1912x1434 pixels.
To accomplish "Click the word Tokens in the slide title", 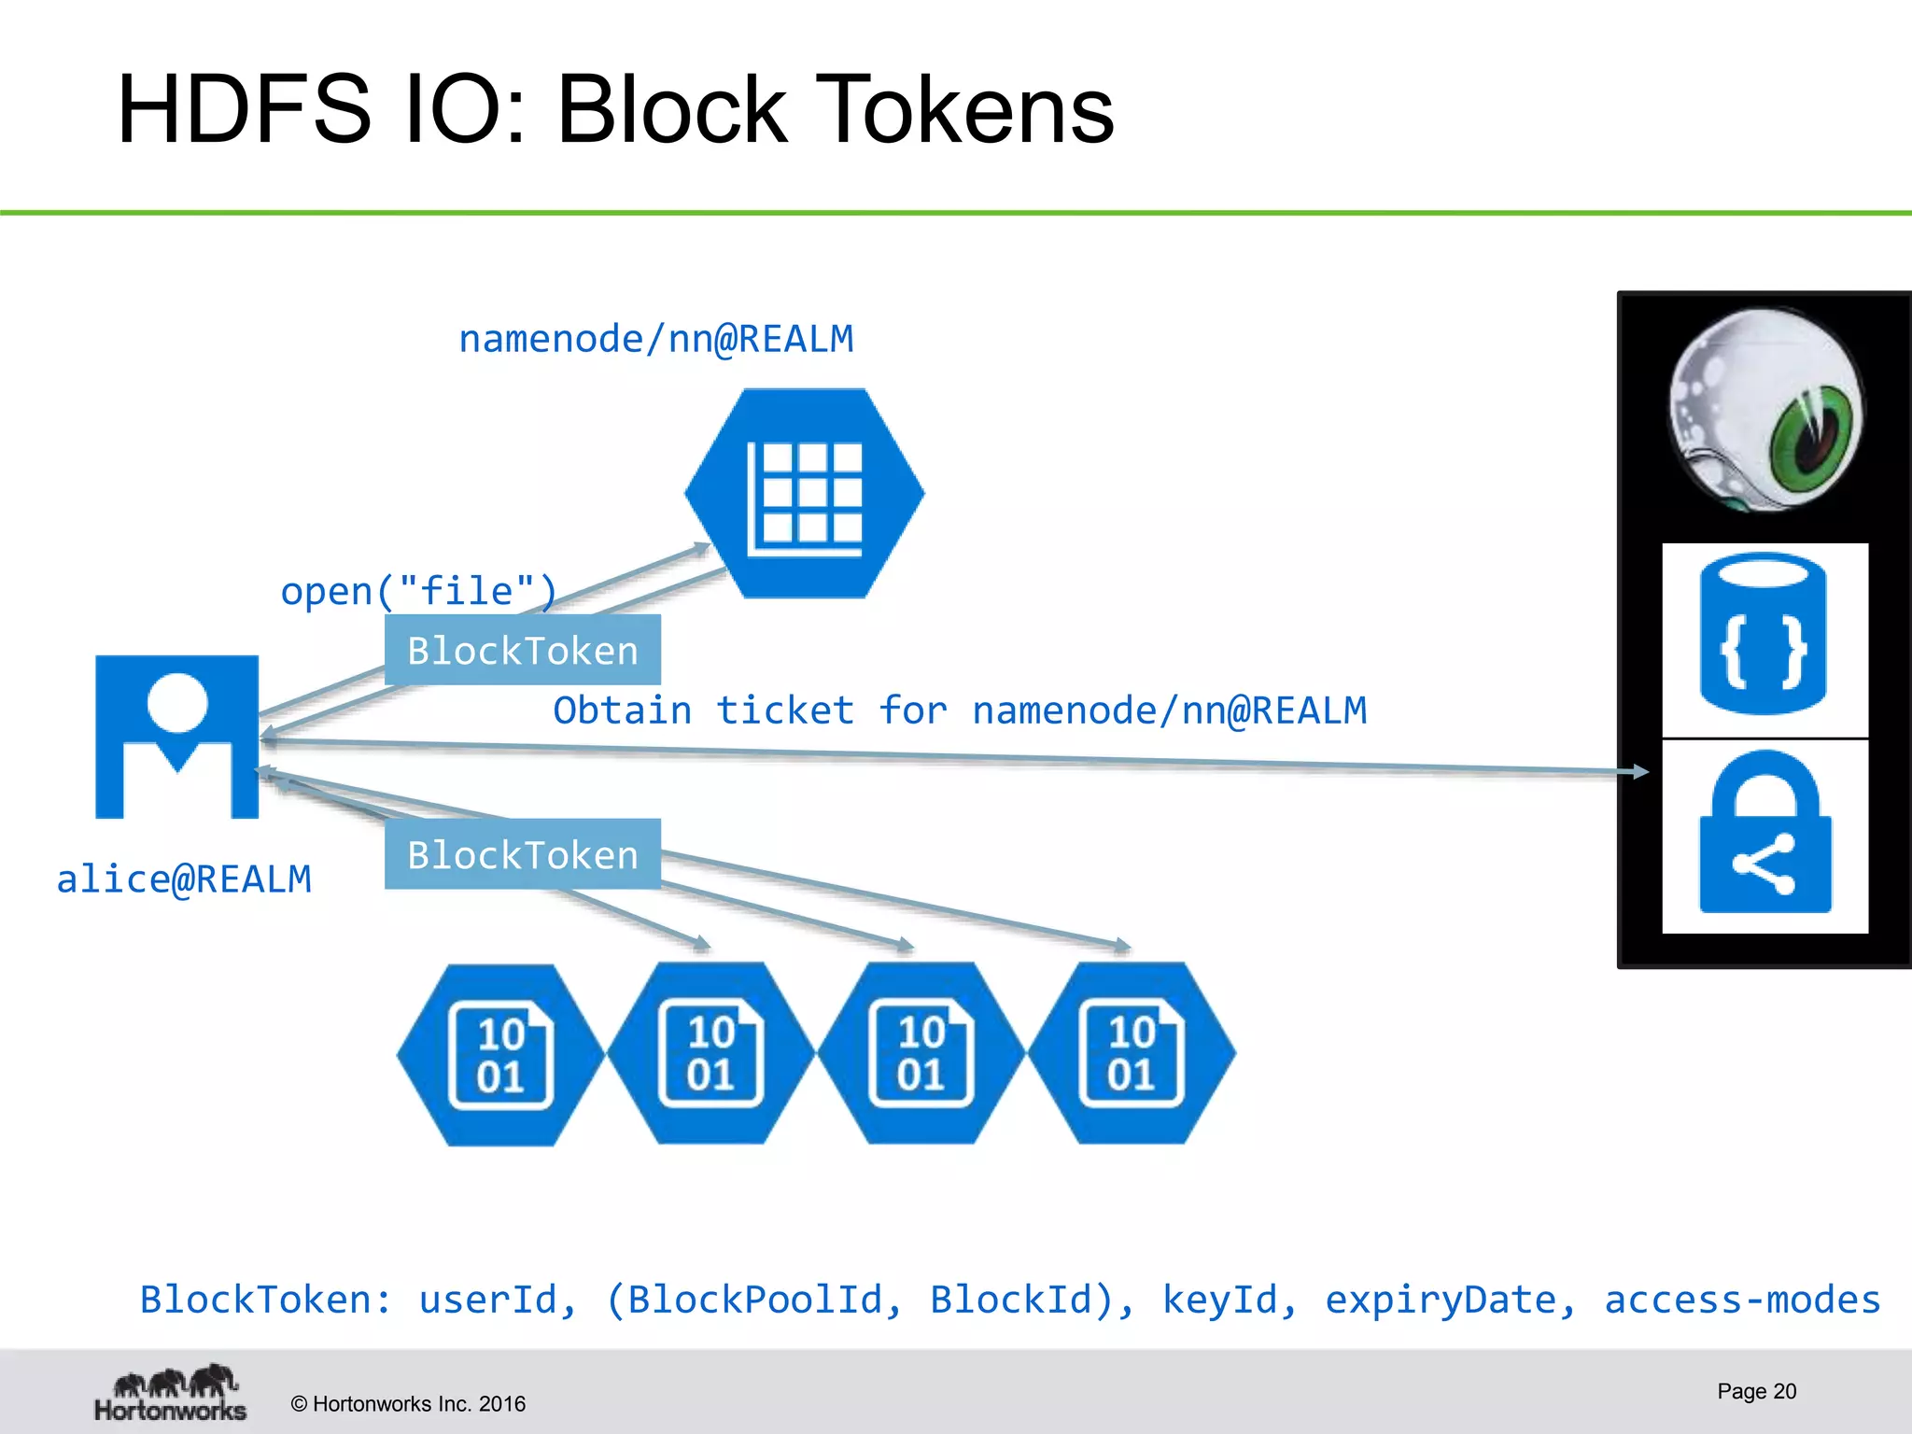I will tap(965, 110).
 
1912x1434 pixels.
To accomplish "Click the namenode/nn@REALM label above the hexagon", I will tap(655, 338).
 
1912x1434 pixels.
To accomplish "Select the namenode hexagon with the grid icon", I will tap(804, 493).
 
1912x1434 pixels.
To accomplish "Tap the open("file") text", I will tap(418, 591).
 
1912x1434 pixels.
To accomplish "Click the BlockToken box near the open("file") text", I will tap(522, 651).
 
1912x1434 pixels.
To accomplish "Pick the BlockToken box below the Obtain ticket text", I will tap(522, 854).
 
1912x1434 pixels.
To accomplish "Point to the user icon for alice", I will tap(176, 737).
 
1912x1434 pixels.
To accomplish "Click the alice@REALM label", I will tap(184, 879).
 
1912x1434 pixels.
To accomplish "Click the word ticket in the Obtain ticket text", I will tap(784, 710).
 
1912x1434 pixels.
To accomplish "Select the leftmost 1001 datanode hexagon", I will tap(500, 1055).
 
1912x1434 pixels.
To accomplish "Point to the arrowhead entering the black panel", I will tap(1639, 771).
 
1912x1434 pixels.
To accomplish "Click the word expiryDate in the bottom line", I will tap(1450, 1300).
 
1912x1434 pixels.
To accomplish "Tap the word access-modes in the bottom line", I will tap(1742, 1300).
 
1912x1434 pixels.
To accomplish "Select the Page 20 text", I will tap(1756, 1391).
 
